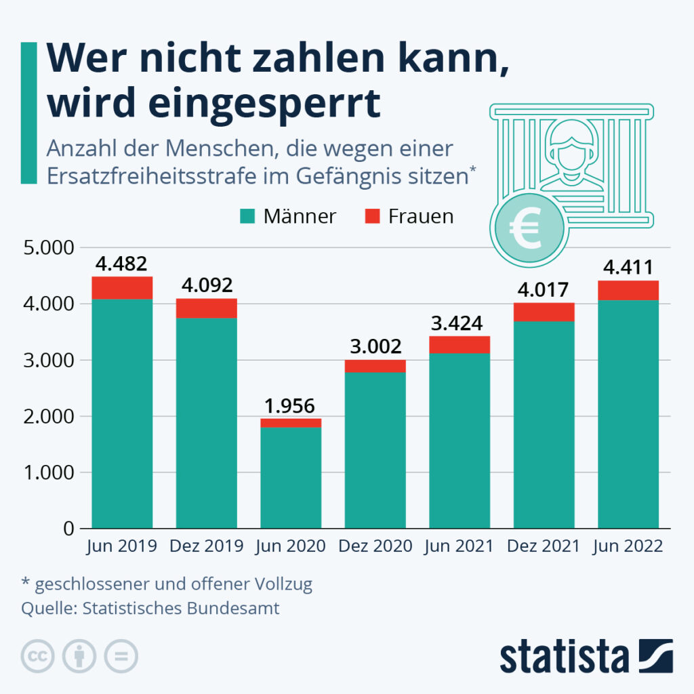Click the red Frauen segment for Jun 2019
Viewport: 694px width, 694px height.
[122, 288]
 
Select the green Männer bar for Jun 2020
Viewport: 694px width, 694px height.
[291, 478]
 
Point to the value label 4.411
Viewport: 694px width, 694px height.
[628, 268]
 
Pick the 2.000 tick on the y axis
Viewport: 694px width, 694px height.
[49, 416]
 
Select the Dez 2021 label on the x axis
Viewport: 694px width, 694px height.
[544, 546]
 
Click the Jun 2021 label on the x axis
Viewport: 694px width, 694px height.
[460, 546]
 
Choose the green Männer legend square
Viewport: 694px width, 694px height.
[247, 217]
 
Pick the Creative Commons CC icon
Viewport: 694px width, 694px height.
[39, 656]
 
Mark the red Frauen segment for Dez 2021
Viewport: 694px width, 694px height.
[544, 312]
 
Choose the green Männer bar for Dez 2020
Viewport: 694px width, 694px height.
[375, 451]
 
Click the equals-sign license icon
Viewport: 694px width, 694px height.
[121, 656]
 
